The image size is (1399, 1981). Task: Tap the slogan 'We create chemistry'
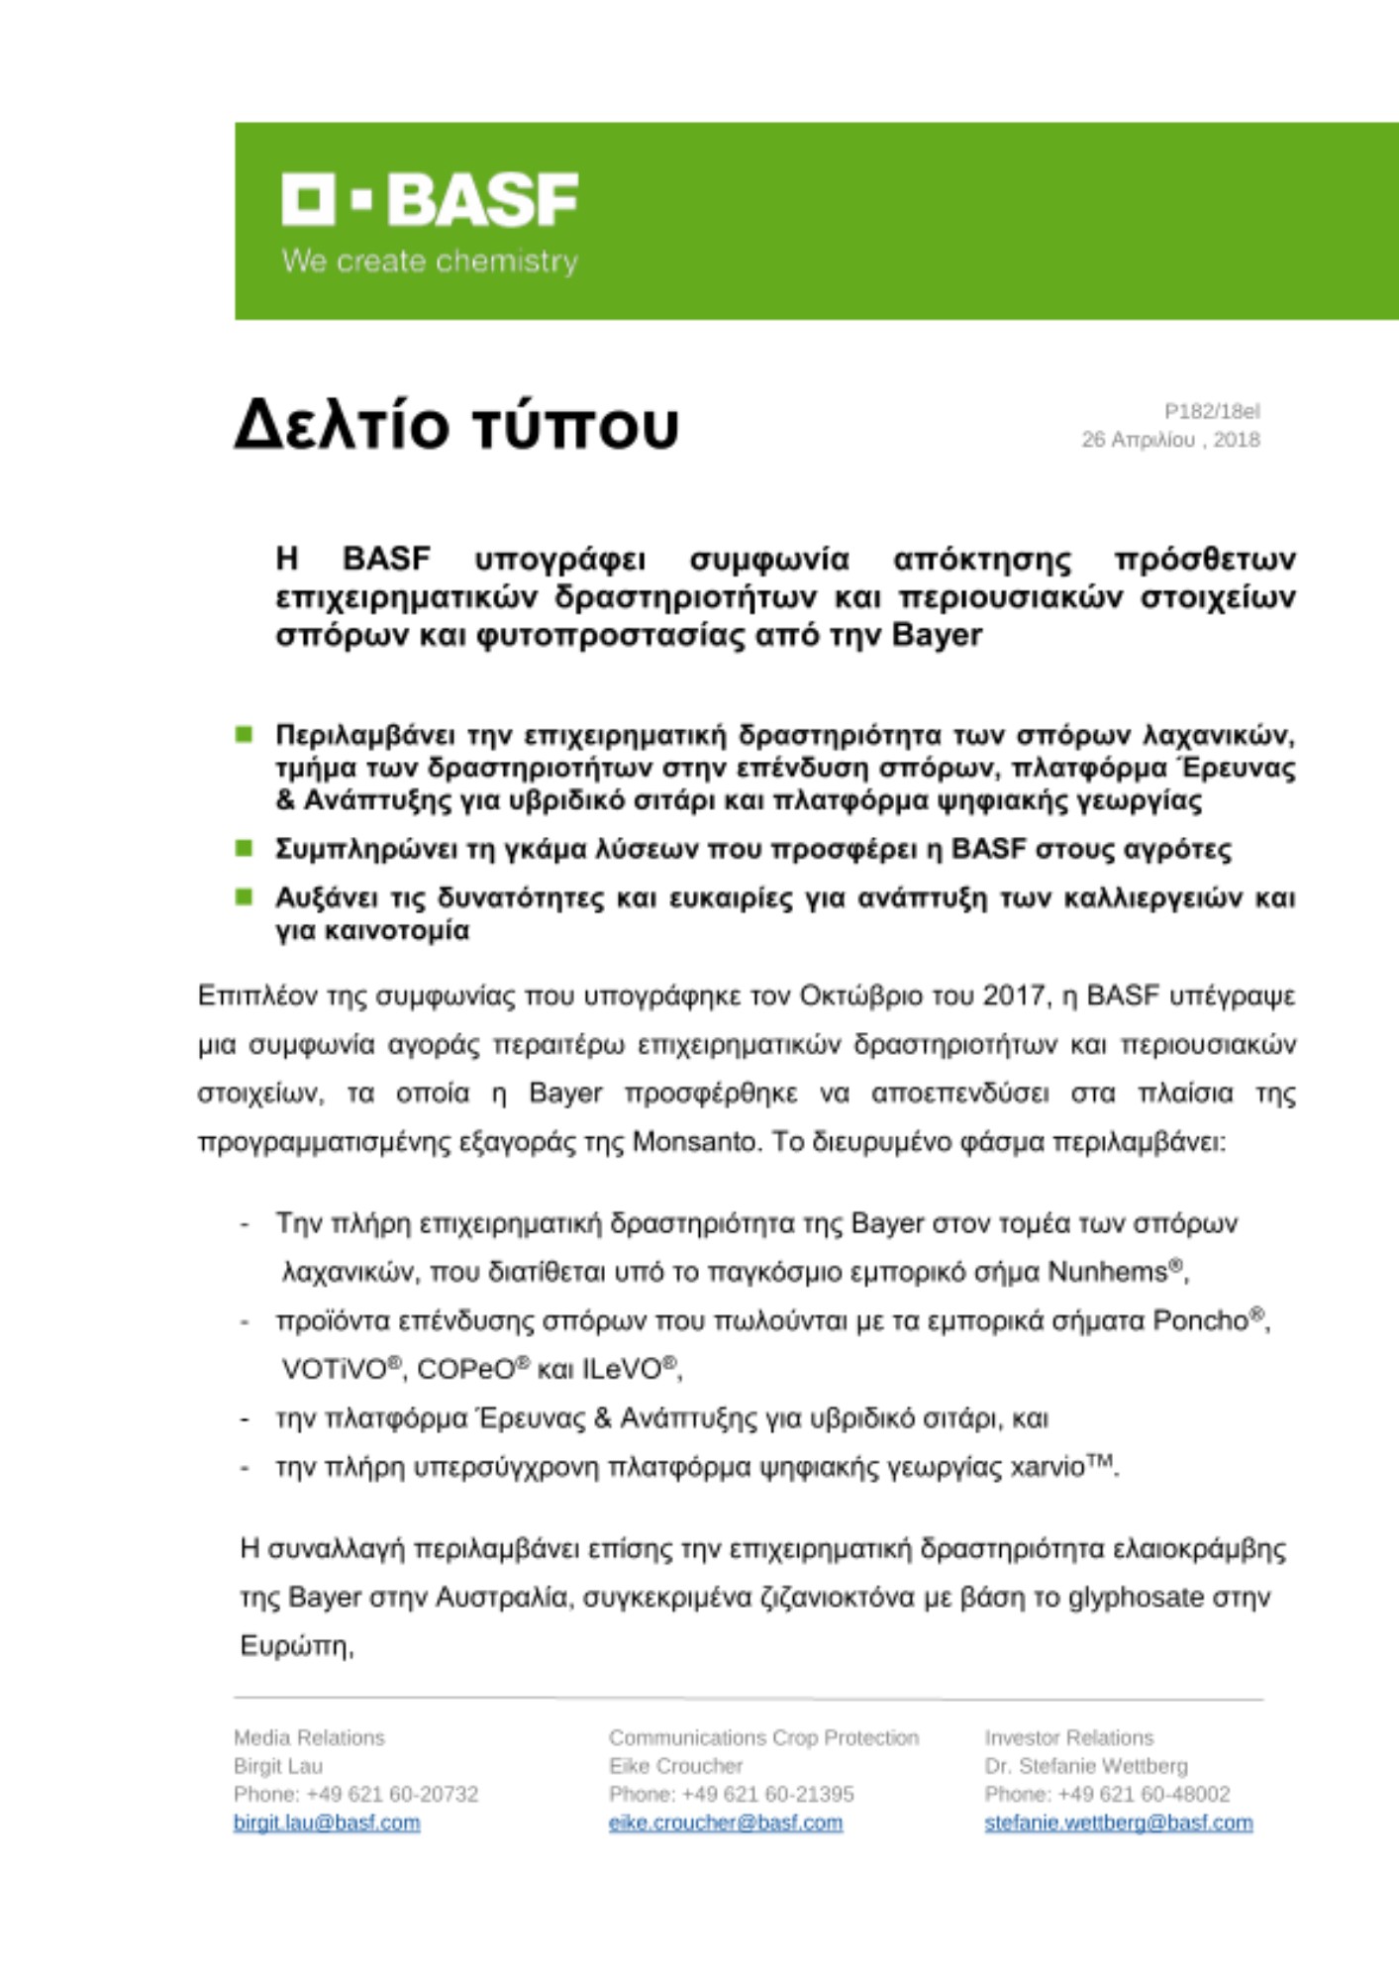430,261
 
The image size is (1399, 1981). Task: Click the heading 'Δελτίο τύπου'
456,425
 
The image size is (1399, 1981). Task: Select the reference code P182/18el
1212,411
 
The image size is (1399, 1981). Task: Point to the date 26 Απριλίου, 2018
1170,440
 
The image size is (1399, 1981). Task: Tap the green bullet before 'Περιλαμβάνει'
244,734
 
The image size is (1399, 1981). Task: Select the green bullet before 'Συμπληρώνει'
244,848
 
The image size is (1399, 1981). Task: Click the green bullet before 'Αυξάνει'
244,897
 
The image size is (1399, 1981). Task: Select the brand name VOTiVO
334,1370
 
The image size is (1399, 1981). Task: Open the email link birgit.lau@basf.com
327,1823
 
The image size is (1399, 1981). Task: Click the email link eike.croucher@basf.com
726,1823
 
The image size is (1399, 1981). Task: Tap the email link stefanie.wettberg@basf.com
1118,1823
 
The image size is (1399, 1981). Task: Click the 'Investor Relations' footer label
1068,1737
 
